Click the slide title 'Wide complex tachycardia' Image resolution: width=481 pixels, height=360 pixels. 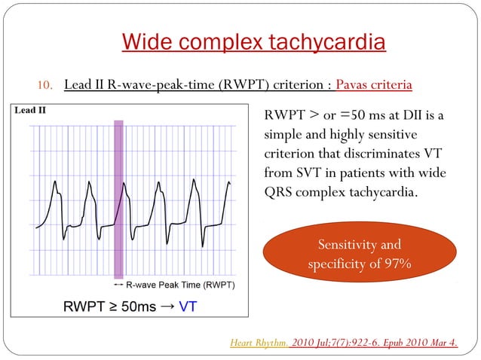click(253, 41)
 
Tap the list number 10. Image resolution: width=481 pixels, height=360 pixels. click(46, 84)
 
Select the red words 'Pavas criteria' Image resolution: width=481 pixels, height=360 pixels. click(374, 84)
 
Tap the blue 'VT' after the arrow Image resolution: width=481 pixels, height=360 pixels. click(187, 307)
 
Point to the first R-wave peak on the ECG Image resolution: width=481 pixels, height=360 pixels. click(54, 182)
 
